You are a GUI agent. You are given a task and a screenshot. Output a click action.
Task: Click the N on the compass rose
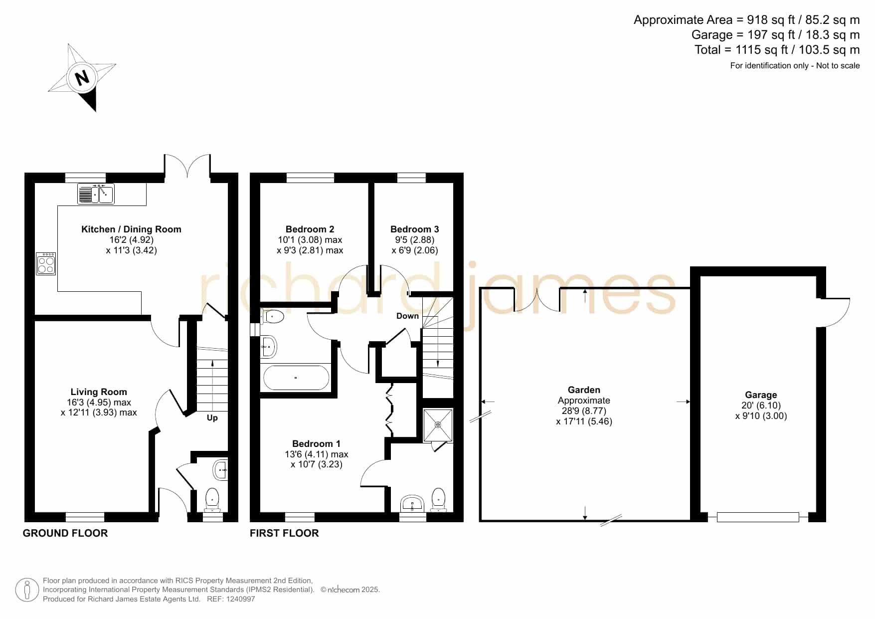tap(82, 77)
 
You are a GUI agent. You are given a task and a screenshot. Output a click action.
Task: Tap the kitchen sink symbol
tap(96, 194)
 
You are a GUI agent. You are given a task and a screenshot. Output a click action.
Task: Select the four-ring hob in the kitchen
tap(46, 264)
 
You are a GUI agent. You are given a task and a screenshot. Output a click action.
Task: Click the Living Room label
tap(99, 392)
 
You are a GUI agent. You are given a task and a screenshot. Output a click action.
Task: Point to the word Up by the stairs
tap(212, 418)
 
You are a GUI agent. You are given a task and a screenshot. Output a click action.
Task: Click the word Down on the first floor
tap(407, 316)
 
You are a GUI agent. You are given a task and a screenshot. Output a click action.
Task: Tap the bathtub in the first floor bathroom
tap(296, 378)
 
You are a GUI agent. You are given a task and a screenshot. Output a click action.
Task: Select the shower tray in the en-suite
tap(438, 425)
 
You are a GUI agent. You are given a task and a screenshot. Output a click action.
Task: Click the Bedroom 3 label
tap(415, 229)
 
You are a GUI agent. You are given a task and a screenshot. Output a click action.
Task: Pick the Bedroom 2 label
tap(310, 229)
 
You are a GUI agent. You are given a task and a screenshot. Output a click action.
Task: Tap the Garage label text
tap(761, 395)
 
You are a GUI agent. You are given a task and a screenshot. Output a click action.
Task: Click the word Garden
tap(584, 390)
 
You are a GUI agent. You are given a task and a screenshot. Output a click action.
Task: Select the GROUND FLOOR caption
tap(65, 533)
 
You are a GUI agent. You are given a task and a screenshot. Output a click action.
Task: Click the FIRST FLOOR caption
tap(284, 533)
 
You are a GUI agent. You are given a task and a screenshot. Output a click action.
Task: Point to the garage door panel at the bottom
tap(758, 517)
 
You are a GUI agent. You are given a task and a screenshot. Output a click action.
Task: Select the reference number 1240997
tap(241, 599)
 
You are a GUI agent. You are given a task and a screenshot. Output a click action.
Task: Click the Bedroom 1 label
tap(316, 444)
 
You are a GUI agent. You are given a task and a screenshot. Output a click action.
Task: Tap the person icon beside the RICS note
tap(27, 590)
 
